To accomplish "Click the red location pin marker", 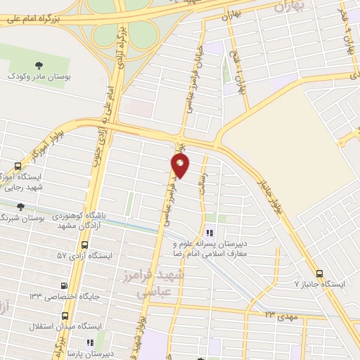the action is coord(181,166).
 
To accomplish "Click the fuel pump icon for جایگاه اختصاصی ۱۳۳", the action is coord(65,286).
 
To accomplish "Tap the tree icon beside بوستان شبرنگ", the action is coord(19,207).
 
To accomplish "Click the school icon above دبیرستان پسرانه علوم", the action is coord(209,233).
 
